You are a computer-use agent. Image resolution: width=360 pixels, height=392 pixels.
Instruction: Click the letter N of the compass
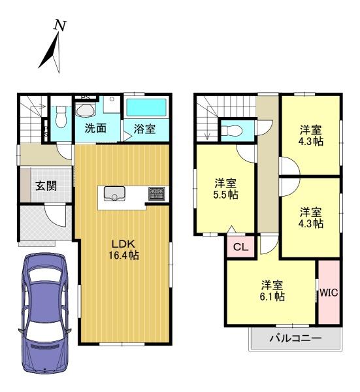pyautogui.click(x=61, y=25)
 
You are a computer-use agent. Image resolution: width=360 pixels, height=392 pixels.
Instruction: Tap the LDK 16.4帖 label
pyautogui.click(x=123, y=250)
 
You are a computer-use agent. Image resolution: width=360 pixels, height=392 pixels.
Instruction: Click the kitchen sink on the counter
pyautogui.click(x=114, y=193)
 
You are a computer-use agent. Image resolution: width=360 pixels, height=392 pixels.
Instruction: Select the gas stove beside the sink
pyautogui.click(x=157, y=194)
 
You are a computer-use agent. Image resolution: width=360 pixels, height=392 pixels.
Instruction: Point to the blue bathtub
pyautogui.click(x=146, y=108)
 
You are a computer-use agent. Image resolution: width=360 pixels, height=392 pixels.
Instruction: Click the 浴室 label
pyautogui.click(x=144, y=129)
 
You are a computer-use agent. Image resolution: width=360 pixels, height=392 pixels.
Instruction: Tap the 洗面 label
pyautogui.click(x=95, y=128)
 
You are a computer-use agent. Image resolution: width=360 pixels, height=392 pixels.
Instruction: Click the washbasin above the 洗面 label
pyautogui.click(x=86, y=110)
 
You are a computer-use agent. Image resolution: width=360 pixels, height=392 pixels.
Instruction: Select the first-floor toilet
pyautogui.click(x=61, y=117)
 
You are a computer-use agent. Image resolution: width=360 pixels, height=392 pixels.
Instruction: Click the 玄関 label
pyautogui.click(x=46, y=186)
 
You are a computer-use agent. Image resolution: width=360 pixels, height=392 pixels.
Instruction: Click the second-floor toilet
pyautogui.click(x=231, y=131)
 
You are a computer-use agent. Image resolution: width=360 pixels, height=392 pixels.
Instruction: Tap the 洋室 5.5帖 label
pyautogui.click(x=225, y=189)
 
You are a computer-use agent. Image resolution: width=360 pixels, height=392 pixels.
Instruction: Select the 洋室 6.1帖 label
pyautogui.click(x=272, y=291)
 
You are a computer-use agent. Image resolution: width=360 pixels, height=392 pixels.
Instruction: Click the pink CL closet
pyautogui.click(x=240, y=247)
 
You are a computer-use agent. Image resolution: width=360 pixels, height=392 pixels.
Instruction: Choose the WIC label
pyautogui.click(x=329, y=293)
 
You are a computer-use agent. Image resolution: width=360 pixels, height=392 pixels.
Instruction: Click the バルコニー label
pyautogui.click(x=295, y=338)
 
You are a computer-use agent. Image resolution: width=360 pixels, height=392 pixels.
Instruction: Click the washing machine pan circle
pyautogui.click(x=112, y=99)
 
